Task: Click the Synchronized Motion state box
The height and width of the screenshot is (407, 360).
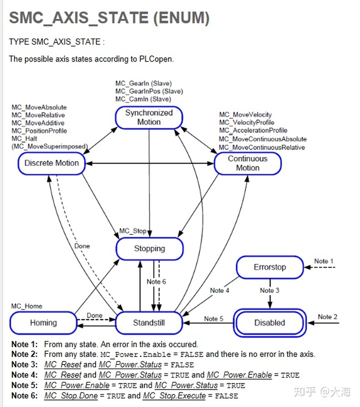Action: click(x=149, y=117)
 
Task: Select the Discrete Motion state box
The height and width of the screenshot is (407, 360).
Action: click(x=52, y=163)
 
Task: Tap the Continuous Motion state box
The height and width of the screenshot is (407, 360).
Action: click(x=247, y=163)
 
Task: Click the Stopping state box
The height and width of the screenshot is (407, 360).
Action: click(x=149, y=248)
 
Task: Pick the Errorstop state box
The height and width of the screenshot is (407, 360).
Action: click(x=269, y=267)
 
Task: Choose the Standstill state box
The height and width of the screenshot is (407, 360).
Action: click(x=149, y=323)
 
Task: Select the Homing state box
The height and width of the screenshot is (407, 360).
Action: click(x=43, y=323)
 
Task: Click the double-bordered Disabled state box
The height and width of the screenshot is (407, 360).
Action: click(x=269, y=323)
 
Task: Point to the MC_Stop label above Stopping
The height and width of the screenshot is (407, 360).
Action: click(x=132, y=231)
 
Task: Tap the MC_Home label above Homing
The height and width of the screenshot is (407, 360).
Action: click(x=27, y=306)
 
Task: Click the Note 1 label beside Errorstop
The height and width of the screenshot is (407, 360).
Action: click(x=323, y=261)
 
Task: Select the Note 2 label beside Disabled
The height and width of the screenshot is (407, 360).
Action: click(x=328, y=316)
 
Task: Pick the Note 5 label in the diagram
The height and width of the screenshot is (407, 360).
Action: click(x=214, y=318)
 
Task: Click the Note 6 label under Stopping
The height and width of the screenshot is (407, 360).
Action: click(x=156, y=281)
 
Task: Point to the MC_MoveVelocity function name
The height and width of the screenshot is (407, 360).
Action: click(x=245, y=115)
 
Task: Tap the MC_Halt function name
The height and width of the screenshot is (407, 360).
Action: click(x=24, y=138)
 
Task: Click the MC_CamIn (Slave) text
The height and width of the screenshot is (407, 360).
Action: click(x=143, y=99)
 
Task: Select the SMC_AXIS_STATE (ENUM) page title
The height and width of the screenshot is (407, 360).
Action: click(x=109, y=18)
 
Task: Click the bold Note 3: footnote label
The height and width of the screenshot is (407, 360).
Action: click(x=24, y=364)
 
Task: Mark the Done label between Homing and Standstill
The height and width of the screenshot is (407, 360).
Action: click(x=94, y=315)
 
